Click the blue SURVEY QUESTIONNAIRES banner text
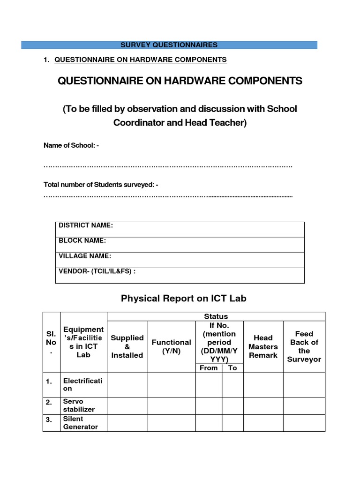169,45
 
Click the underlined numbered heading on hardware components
141,60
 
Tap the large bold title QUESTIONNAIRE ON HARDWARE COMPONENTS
180,81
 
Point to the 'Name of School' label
71,146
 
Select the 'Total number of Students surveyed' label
101,185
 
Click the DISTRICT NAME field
180,229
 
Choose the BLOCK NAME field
180,244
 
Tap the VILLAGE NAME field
180,260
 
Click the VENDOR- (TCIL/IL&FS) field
180,275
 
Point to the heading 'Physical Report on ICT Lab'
184,298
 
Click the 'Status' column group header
216,316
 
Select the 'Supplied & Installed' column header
127,346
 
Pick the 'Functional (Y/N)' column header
172,346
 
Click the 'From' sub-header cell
209,368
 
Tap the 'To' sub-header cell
232,368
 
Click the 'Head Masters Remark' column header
263,346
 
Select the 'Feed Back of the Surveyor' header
304,346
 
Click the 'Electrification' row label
82,385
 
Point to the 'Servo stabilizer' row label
79,405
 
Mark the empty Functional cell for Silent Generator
172,423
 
